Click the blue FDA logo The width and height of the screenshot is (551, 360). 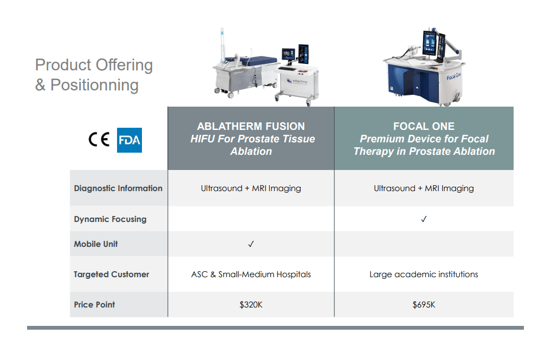129,140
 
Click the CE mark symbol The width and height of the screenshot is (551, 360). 99,140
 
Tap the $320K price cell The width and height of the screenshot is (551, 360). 251,304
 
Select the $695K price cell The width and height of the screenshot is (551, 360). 424,304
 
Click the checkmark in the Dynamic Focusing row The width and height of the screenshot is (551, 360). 424,219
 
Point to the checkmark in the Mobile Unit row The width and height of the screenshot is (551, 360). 251,244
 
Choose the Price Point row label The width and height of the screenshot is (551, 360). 94,304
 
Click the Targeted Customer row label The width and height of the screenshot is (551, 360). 112,274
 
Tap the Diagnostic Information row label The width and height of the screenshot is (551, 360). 118,188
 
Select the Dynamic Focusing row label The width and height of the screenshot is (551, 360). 110,219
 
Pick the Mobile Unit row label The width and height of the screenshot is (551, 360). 95,244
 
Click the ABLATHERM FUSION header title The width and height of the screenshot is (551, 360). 251,126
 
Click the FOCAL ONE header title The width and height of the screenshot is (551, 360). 424,126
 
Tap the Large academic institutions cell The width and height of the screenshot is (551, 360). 424,274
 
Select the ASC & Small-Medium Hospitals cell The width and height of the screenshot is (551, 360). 251,274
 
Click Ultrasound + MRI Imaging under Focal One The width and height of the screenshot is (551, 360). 424,188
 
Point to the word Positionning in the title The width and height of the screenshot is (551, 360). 94,86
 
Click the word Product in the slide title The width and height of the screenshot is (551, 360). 63,65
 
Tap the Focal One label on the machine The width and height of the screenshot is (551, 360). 453,76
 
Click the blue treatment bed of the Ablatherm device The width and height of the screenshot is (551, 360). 252,61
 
